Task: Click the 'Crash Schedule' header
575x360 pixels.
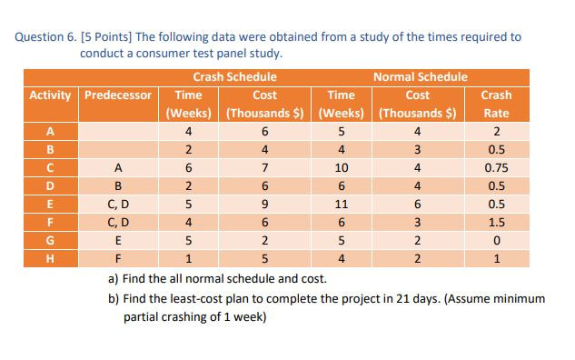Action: pyautogui.click(x=235, y=77)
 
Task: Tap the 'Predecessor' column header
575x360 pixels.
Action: pyautogui.click(x=119, y=95)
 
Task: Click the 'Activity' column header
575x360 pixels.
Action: pyautogui.click(x=54, y=95)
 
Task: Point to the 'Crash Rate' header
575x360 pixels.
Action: pyautogui.click(x=496, y=104)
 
